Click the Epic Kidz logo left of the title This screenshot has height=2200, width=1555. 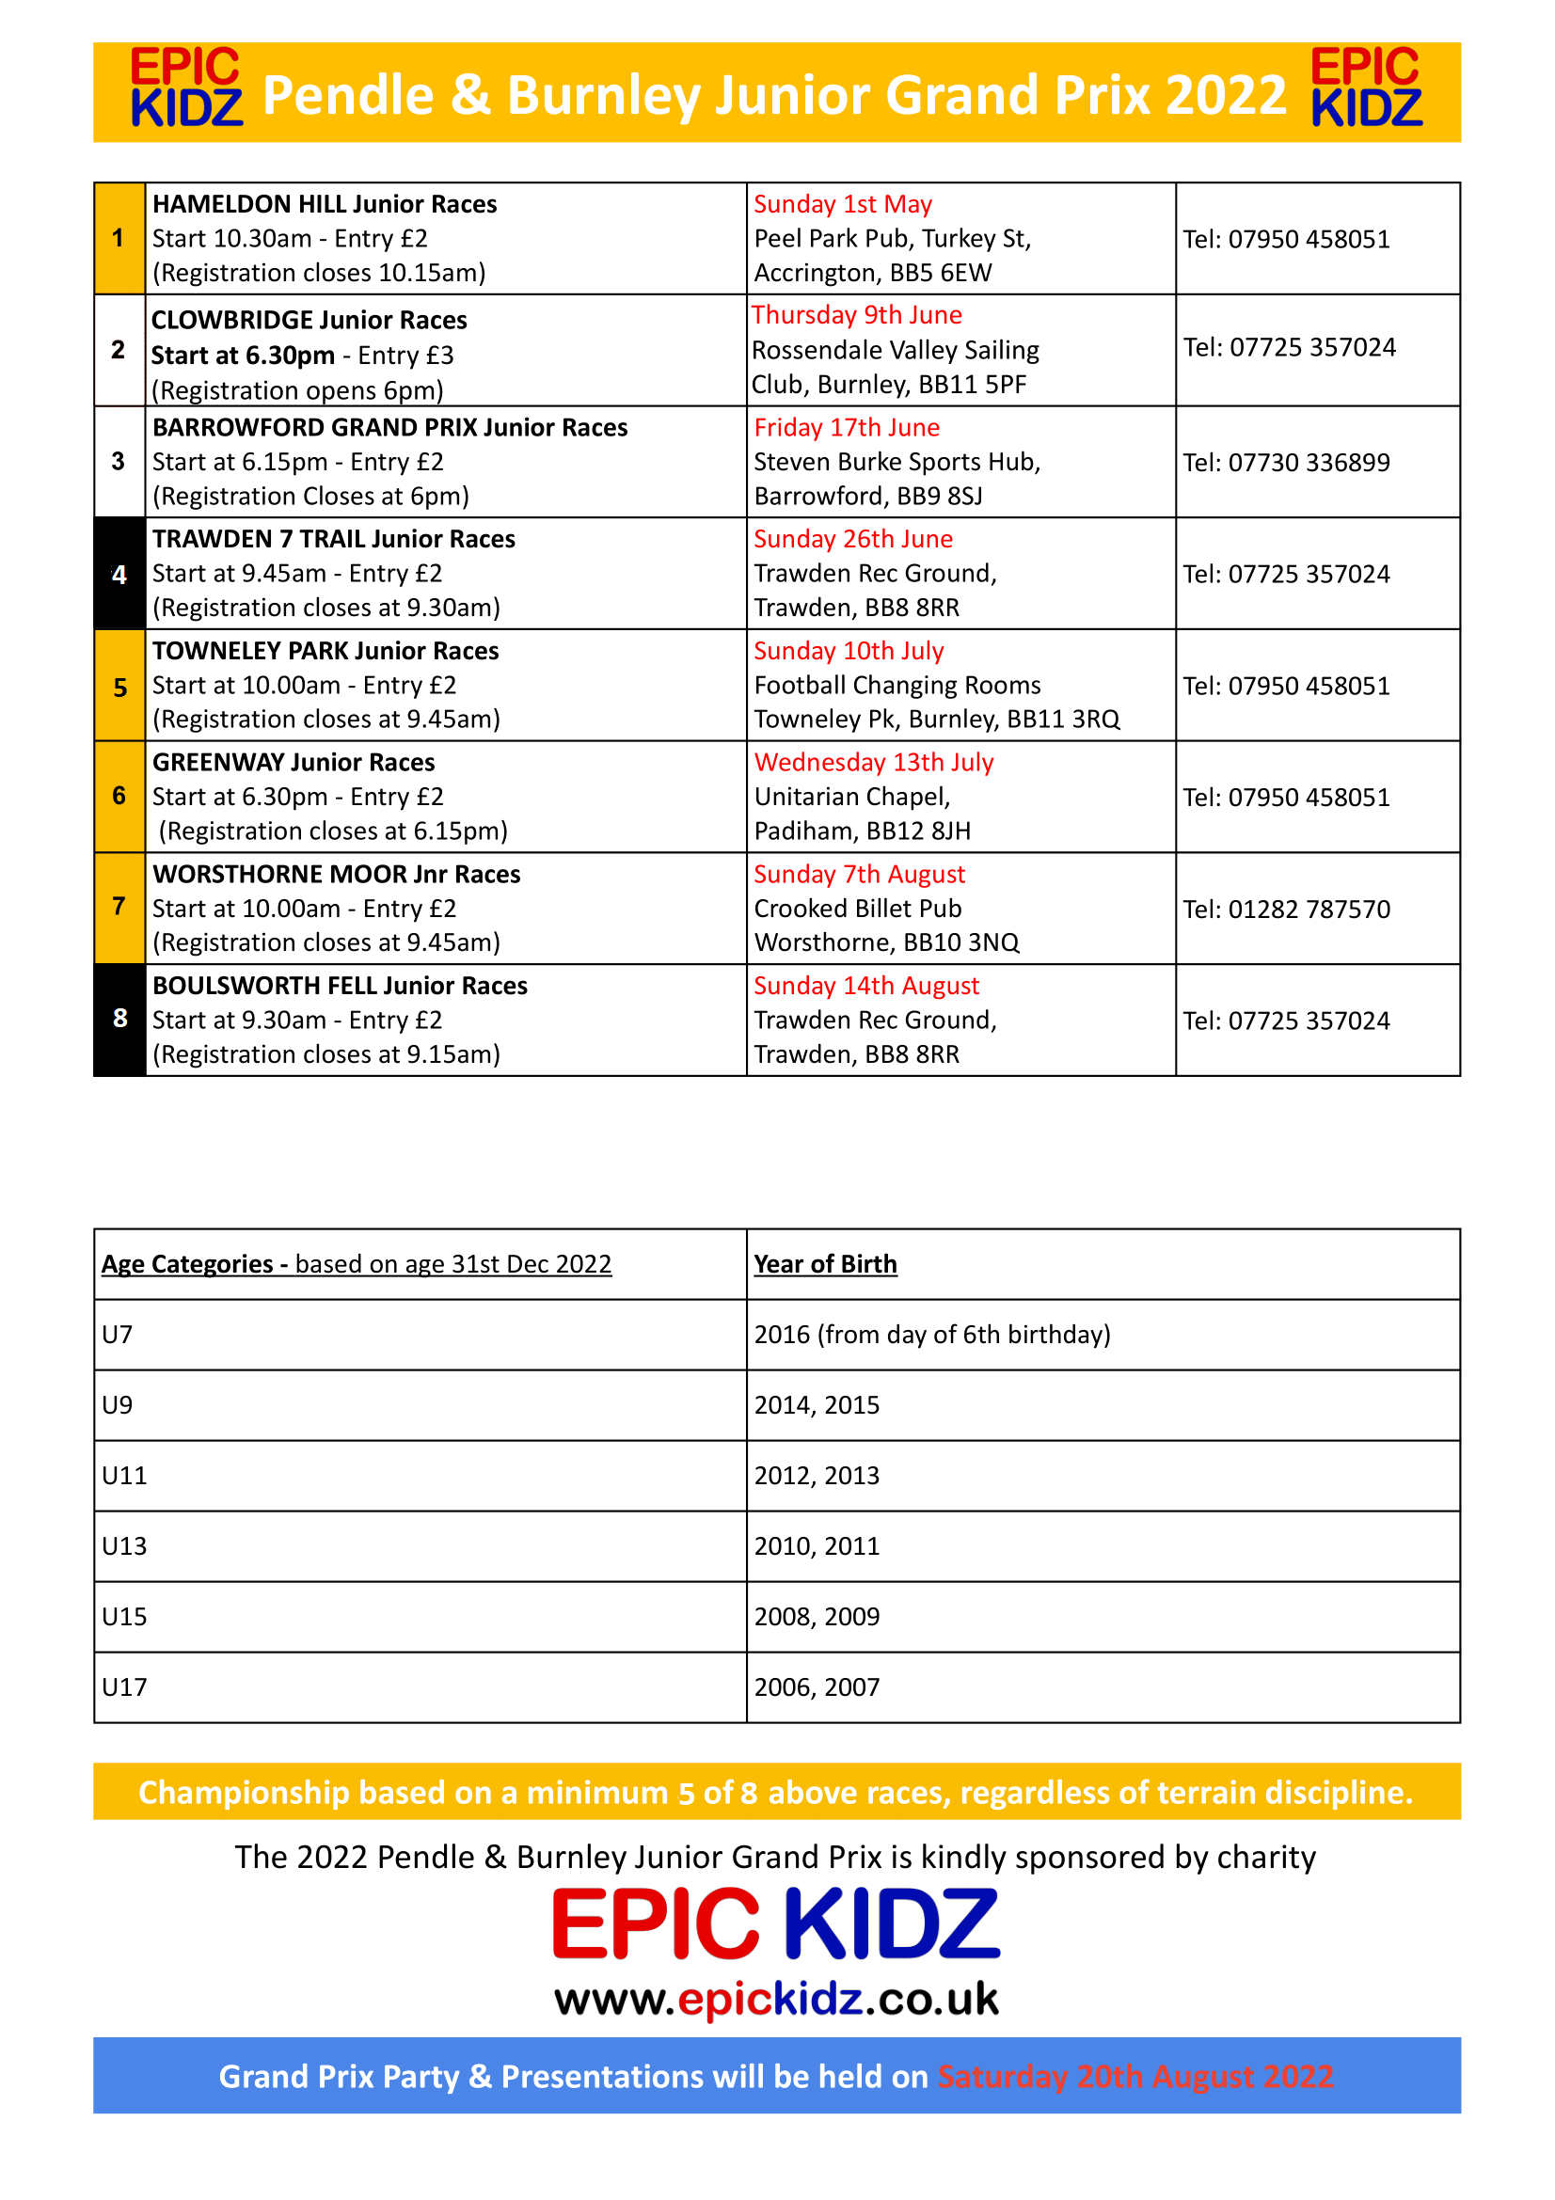pyautogui.click(x=186, y=87)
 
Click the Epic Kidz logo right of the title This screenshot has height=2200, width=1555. pyautogui.click(x=1365, y=87)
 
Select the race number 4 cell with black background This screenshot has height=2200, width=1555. pyautogui.click(x=119, y=574)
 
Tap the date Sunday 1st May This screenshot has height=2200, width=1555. pyautogui.click(x=842, y=204)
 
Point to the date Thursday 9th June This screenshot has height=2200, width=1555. pyautogui.click(x=857, y=315)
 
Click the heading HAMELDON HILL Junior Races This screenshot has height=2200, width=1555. pyautogui.click(x=325, y=204)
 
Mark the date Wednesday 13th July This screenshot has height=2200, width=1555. pyautogui.click(x=874, y=763)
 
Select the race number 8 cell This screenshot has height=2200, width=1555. pyautogui.click(x=119, y=1019)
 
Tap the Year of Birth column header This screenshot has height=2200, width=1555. pyautogui.click(x=825, y=1264)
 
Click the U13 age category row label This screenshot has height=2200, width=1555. pyautogui.click(x=124, y=1545)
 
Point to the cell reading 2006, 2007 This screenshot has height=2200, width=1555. pyautogui.click(x=817, y=1686)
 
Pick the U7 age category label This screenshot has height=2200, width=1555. pyautogui.click(x=117, y=1334)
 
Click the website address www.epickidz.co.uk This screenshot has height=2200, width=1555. pyautogui.click(x=776, y=1999)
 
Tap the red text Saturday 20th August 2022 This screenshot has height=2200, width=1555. pyautogui.click(x=1135, y=2077)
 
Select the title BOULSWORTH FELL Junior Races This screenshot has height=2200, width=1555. pyautogui.click(x=341, y=986)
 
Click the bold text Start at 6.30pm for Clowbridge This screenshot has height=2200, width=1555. pyautogui.click(x=244, y=356)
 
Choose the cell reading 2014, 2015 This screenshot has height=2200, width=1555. pyautogui.click(x=817, y=1404)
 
